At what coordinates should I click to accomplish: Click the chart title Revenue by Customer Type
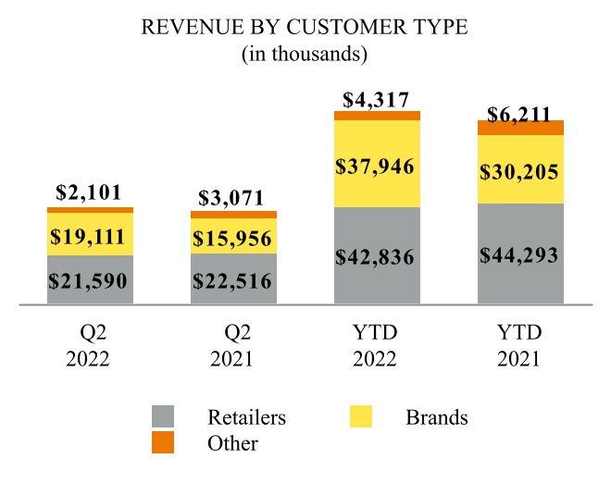305,28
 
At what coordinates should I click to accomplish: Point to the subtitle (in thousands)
305,55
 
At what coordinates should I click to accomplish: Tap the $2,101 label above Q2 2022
91,192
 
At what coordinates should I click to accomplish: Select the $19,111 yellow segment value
91,234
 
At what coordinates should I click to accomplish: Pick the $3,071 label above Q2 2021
232,197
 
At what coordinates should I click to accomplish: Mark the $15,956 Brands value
232,238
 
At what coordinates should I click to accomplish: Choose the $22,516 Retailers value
232,280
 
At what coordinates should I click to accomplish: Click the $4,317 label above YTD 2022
376,99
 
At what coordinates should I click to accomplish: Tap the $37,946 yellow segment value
376,167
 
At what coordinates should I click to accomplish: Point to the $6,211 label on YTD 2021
519,115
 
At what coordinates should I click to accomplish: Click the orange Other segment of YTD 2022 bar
377,116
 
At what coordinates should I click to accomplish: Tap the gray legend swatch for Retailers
163,417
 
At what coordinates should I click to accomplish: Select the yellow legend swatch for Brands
361,417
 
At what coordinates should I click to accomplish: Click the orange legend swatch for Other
163,443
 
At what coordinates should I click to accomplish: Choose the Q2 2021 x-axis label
232,344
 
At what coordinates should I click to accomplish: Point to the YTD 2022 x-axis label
376,344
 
